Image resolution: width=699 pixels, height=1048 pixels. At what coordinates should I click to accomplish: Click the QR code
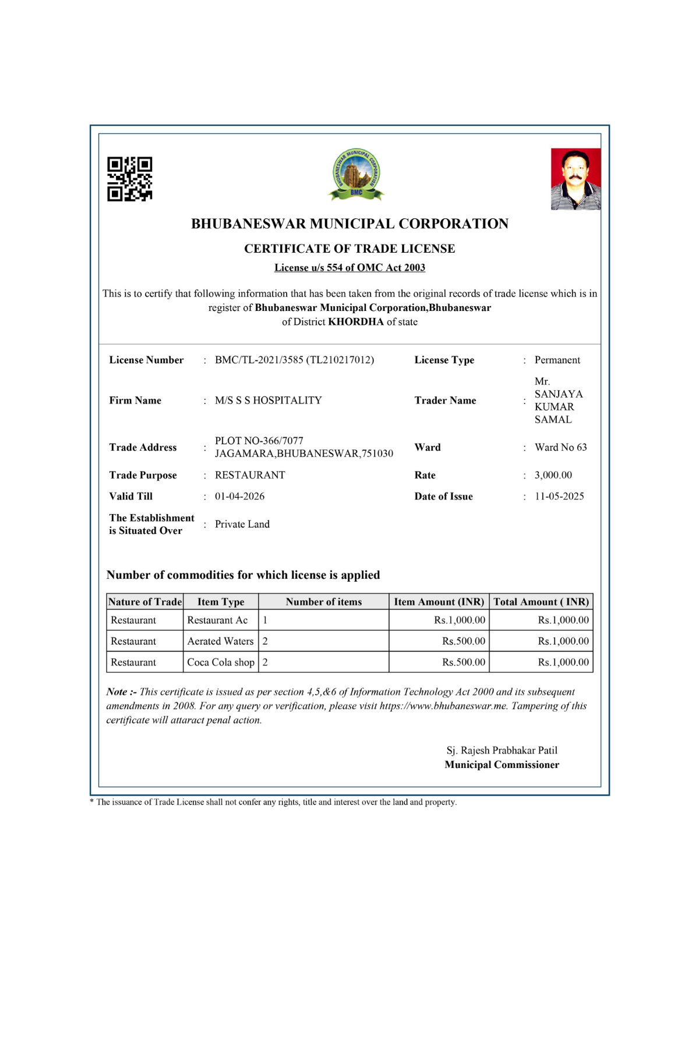point(129,179)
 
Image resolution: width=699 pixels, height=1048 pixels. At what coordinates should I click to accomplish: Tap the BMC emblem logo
point(356,174)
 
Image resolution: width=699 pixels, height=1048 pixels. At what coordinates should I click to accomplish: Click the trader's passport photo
point(576,179)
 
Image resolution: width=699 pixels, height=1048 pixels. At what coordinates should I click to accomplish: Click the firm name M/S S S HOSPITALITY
point(268,401)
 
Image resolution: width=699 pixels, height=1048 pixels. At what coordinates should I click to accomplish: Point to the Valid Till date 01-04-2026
point(239,497)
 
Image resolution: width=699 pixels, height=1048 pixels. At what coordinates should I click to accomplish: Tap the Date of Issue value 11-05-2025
point(559,497)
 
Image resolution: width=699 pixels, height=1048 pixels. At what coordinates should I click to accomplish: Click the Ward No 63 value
point(560,447)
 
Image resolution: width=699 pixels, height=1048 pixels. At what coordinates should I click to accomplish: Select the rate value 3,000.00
point(553,475)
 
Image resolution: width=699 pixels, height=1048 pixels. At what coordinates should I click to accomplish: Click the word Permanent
point(557,360)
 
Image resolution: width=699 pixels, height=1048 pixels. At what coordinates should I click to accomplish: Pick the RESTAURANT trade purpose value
point(250,475)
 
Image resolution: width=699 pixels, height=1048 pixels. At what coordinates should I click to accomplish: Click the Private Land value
point(242,524)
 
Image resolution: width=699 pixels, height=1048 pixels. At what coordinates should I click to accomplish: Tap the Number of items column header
point(323,602)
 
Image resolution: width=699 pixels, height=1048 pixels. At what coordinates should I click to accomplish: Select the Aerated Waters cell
point(220,641)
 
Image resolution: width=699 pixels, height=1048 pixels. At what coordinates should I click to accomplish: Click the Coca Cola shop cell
point(220,662)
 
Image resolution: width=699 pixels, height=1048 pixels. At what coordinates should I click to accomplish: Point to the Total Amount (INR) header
point(541,602)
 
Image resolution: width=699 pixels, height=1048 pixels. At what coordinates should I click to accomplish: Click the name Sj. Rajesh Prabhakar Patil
point(502,750)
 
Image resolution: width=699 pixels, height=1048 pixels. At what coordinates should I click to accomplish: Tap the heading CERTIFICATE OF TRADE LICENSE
point(349,249)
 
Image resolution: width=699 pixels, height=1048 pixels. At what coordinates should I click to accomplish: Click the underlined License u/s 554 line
point(349,268)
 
